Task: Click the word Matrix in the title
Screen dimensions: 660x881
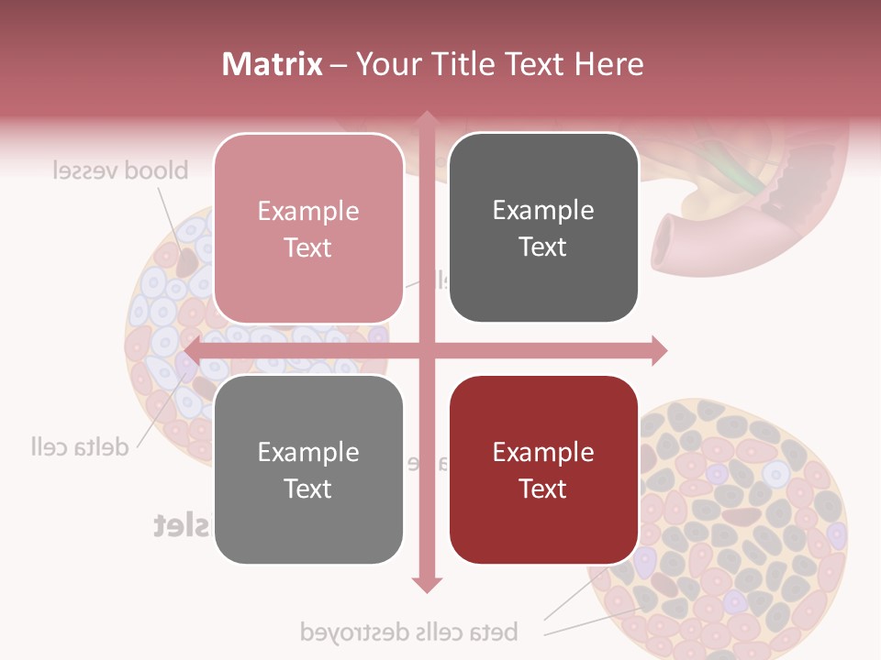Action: point(273,64)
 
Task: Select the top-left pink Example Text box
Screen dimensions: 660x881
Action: point(308,228)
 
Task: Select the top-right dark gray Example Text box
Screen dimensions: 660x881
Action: point(543,228)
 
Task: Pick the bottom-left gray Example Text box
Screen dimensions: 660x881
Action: point(308,469)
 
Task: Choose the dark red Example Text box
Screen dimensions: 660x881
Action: point(543,469)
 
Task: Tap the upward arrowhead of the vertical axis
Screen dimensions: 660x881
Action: point(427,118)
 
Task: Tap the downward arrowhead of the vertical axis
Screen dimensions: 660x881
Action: point(427,584)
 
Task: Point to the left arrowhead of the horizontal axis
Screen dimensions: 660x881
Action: point(192,350)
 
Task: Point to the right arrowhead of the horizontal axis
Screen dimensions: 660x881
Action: point(660,350)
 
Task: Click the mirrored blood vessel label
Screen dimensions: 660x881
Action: point(119,170)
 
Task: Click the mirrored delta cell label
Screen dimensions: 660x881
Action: point(78,447)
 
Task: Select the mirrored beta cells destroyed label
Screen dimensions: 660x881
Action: point(408,632)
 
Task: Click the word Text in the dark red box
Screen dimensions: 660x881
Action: point(543,489)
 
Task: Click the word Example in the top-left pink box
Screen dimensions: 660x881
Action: point(308,211)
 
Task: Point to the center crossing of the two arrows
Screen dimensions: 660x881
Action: point(427,350)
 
